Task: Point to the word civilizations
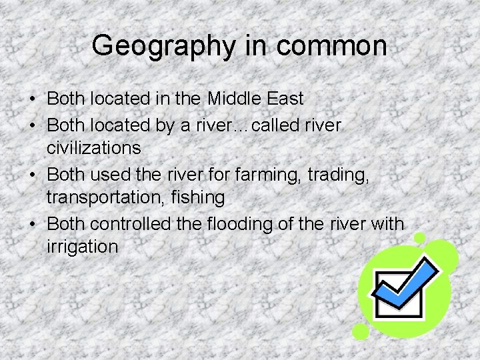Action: coord(94,147)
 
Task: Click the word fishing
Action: coord(198,197)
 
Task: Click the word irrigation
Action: coord(83,247)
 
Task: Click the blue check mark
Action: coord(409,283)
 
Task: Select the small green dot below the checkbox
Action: coord(361,331)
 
